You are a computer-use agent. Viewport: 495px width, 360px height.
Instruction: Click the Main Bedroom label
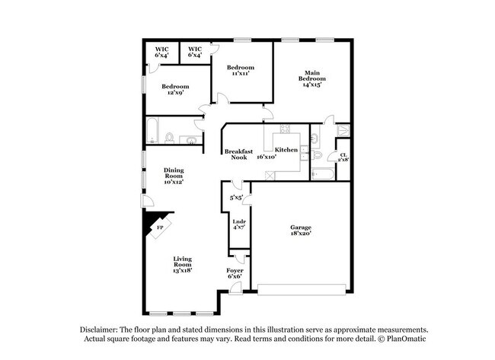coord(311,78)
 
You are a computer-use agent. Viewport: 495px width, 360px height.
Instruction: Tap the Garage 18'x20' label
coord(301,231)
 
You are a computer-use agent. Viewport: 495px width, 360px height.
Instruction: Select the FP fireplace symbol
coord(159,227)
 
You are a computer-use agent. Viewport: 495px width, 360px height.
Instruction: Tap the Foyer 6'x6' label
coord(235,273)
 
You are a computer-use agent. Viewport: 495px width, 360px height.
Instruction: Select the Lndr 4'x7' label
coord(238,224)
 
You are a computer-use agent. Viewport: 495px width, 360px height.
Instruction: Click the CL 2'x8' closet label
coord(343,157)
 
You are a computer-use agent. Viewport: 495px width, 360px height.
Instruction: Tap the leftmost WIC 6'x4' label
coord(161,52)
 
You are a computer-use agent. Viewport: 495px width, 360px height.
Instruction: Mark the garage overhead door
coord(302,289)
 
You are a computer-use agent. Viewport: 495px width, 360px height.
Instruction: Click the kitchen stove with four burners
coord(285,129)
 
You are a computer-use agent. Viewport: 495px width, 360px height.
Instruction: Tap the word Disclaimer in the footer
coord(102,330)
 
